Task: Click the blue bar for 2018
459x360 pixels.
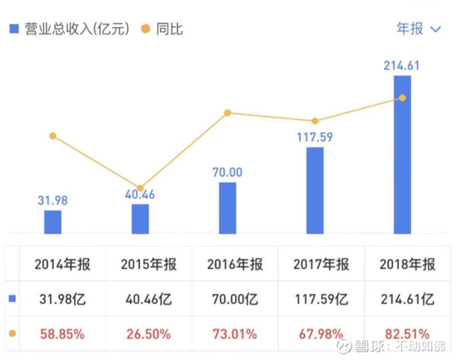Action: (x=402, y=154)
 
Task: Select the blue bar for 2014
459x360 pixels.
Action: (x=53, y=222)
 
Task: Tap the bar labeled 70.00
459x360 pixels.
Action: (x=227, y=208)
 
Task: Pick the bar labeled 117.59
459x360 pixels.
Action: (x=315, y=190)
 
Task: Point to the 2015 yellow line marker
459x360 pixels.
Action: (x=140, y=188)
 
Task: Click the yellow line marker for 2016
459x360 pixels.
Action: (x=227, y=113)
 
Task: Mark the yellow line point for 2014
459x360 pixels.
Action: (x=53, y=136)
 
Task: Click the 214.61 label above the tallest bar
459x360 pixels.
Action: (x=402, y=66)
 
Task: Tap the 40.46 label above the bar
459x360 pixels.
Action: (x=140, y=195)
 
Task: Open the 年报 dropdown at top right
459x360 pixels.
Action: (x=419, y=28)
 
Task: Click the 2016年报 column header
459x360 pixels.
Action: (x=235, y=264)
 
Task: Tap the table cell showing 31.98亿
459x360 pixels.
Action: (x=63, y=300)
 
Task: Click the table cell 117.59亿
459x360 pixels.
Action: (x=321, y=300)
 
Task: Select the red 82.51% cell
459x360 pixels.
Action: (x=408, y=334)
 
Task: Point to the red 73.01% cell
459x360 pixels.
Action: (x=235, y=334)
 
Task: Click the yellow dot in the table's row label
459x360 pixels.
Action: (x=12, y=334)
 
